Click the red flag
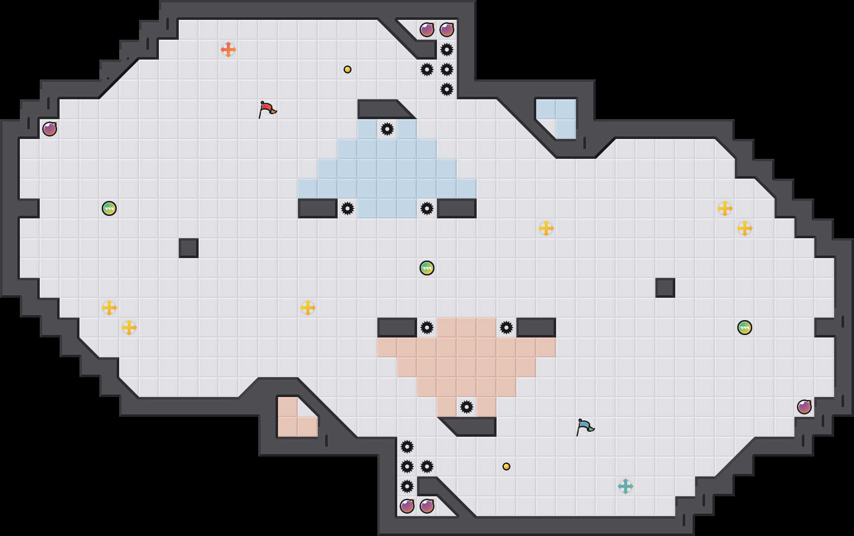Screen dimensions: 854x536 point(267,109)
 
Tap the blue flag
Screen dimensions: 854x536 point(584,427)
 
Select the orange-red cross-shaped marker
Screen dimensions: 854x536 point(228,50)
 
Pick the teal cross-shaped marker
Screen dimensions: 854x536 point(626,486)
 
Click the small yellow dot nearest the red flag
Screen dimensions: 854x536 point(348,69)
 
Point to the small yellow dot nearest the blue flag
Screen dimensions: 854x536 point(506,467)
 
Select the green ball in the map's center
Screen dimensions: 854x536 point(427,268)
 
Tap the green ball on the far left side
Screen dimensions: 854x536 point(109,208)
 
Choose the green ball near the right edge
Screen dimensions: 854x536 point(745,328)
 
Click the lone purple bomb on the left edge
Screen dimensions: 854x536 point(50,129)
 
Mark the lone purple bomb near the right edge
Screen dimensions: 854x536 point(804,407)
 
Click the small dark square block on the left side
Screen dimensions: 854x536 point(189,248)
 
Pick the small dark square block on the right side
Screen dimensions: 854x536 point(665,288)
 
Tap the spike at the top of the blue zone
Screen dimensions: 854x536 point(387,129)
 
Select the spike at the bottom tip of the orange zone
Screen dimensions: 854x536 point(467,407)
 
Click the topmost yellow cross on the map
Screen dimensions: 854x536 point(725,208)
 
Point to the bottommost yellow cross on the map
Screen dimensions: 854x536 point(129,328)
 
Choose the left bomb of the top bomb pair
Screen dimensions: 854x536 point(427,30)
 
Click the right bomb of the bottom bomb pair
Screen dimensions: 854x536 point(427,506)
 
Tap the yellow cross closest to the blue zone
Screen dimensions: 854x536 point(546,228)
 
